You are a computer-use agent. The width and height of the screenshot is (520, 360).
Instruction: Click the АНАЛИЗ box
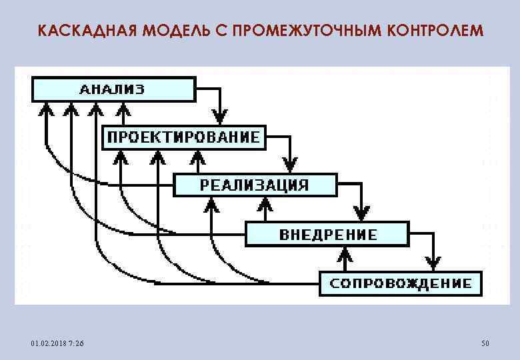point(113,89)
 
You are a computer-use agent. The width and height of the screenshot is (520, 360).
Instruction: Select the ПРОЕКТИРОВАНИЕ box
point(184,138)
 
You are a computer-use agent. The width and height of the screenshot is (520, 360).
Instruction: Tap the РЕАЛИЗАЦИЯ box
point(255,185)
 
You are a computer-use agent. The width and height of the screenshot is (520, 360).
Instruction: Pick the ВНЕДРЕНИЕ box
point(327,234)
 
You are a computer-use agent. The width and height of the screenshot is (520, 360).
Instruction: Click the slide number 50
point(485,343)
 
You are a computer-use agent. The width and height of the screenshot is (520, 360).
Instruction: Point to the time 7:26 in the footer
point(75,343)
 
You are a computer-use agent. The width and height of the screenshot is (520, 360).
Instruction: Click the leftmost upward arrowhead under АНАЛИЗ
point(46,108)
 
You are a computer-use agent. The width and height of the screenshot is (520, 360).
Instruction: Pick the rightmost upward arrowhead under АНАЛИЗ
point(122,108)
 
